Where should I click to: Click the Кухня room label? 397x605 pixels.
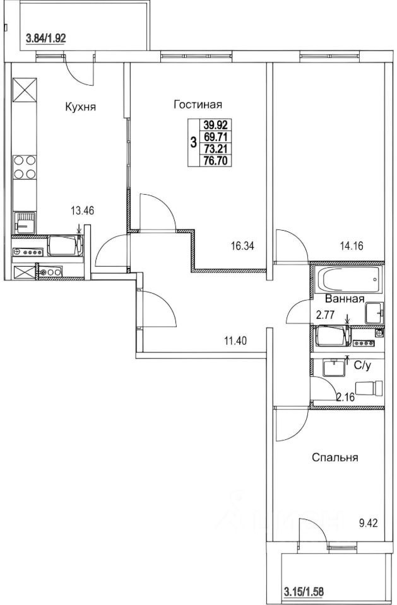click(80, 107)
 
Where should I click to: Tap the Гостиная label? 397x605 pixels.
click(198, 105)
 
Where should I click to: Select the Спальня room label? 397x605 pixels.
click(335, 458)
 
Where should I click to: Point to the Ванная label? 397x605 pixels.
click(345, 299)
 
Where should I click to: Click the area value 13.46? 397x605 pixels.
click(82, 210)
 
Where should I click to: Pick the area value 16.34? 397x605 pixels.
click(242, 246)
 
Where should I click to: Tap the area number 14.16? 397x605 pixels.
click(352, 246)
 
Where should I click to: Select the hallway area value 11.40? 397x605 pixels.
click(235, 340)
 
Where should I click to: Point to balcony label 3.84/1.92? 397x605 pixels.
click(45, 38)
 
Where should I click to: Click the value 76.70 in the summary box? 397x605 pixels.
click(215, 161)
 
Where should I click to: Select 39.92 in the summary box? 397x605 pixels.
click(215, 125)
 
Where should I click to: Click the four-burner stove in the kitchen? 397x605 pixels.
click(25, 167)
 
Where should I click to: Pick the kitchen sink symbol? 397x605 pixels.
click(25, 222)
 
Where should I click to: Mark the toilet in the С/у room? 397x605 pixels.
click(369, 388)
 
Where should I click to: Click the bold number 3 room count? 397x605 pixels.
click(193, 143)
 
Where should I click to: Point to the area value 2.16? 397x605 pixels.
click(346, 397)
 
